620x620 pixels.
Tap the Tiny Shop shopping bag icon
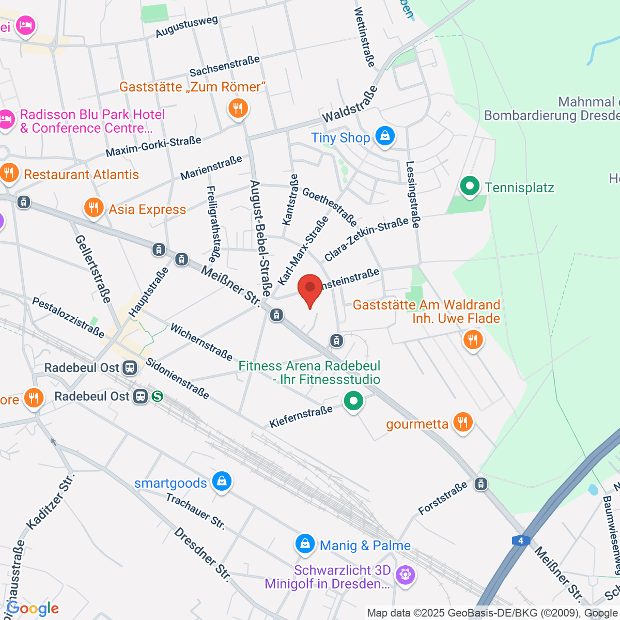click(384, 136)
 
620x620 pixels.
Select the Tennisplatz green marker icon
click(469, 187)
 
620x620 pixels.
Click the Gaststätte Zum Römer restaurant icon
click(238, 109)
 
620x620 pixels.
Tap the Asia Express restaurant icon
click(93, 208)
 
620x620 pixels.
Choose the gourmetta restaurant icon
click(462, 423)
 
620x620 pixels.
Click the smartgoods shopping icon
click(222, 482)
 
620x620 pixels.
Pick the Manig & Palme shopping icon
click(305, 544)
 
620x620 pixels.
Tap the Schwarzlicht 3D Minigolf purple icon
click(405, 575)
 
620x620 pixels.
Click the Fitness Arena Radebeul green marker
click(353, 401)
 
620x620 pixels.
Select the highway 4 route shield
click(521, 540)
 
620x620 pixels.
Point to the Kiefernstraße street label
click(301, 417)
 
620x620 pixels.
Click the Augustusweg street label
click(187, 27)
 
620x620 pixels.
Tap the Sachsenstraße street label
click(224, 66)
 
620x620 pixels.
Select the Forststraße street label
click(443, 498)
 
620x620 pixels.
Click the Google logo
click(33, 609)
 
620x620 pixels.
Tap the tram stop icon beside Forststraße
click(481, 484)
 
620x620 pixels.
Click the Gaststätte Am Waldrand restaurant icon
click(473, 340)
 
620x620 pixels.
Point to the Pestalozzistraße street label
click(68, 317)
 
